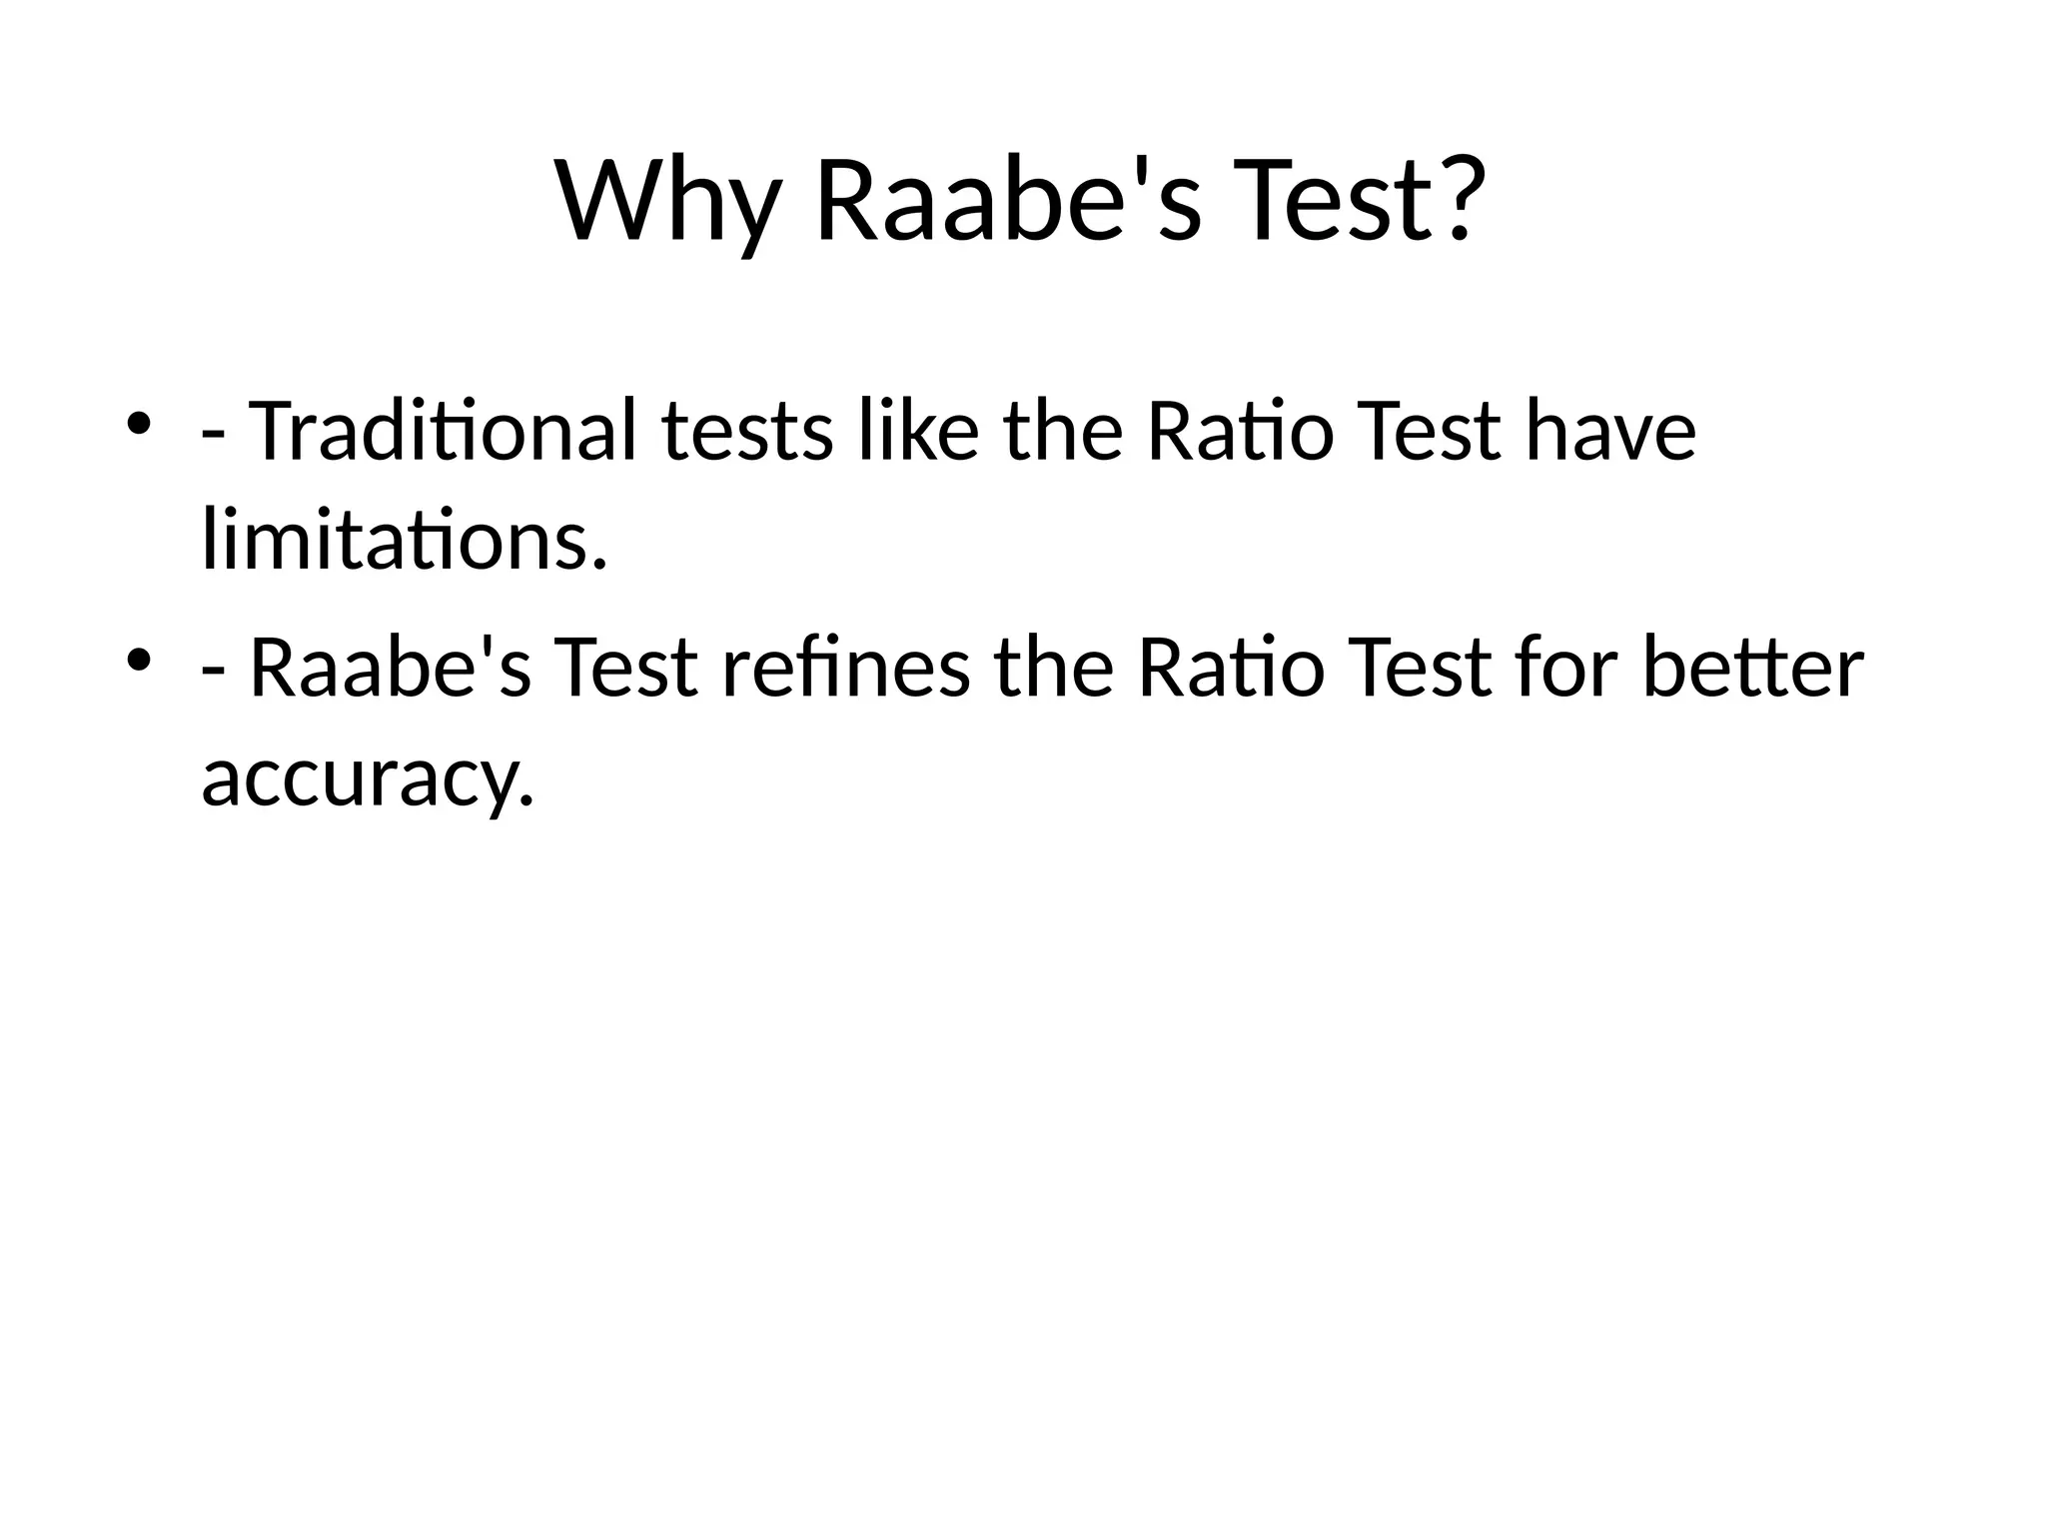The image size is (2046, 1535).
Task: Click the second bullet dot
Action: pos(139,659)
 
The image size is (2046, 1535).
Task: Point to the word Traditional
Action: pos(442,432)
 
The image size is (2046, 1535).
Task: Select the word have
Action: pos(1609,432)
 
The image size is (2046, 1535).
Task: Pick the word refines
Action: pos(845,668)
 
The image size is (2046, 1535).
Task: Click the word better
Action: pos(1752,668)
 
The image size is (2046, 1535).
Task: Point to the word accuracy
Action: pos(368,779)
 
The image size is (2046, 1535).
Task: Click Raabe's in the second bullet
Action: pos(390,668)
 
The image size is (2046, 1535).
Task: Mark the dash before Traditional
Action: pos(213,436)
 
